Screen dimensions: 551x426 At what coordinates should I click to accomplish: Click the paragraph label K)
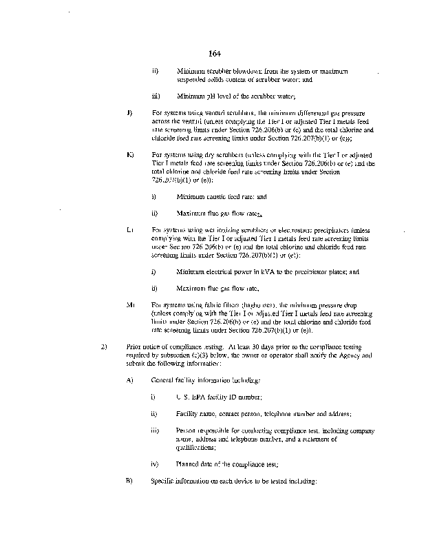(129, 154)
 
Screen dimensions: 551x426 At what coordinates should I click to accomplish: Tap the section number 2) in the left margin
(104, 346)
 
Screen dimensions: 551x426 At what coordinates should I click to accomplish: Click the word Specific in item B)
(162, 480)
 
